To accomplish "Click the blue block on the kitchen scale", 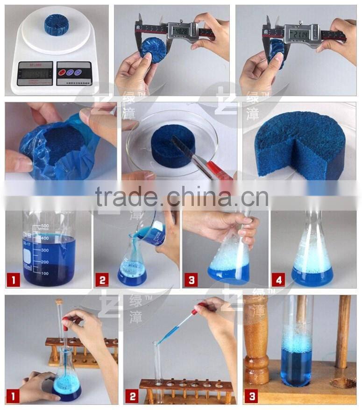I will (56, 24).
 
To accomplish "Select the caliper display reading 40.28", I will (180, 31).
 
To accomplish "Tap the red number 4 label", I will (279, 281).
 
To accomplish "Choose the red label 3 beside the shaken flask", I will (190, 281).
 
